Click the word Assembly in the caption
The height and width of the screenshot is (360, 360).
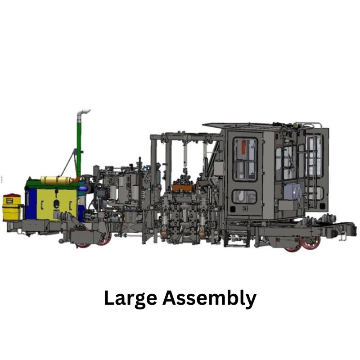coord(209,299)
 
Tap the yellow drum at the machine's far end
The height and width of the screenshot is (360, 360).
coord(12,207)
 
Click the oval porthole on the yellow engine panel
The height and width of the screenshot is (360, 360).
coord(56,203)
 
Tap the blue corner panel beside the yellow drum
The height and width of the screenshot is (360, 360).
coord(31,204)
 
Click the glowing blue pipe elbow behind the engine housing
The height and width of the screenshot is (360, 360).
coord(83,189)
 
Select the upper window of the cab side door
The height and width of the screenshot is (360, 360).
coord(245,159)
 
